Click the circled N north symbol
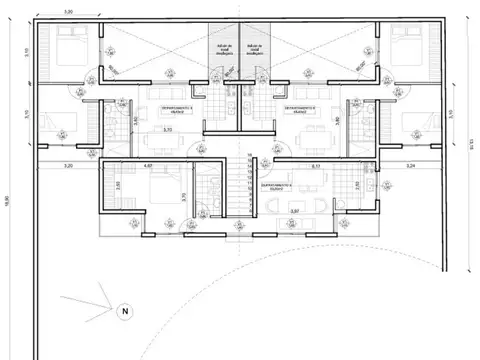tap(125, 311)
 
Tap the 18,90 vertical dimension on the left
tap(14, 200)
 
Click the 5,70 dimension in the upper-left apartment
tap(166, 129)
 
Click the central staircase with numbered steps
tap(240, 185)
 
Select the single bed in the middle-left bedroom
tap(63, 124)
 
